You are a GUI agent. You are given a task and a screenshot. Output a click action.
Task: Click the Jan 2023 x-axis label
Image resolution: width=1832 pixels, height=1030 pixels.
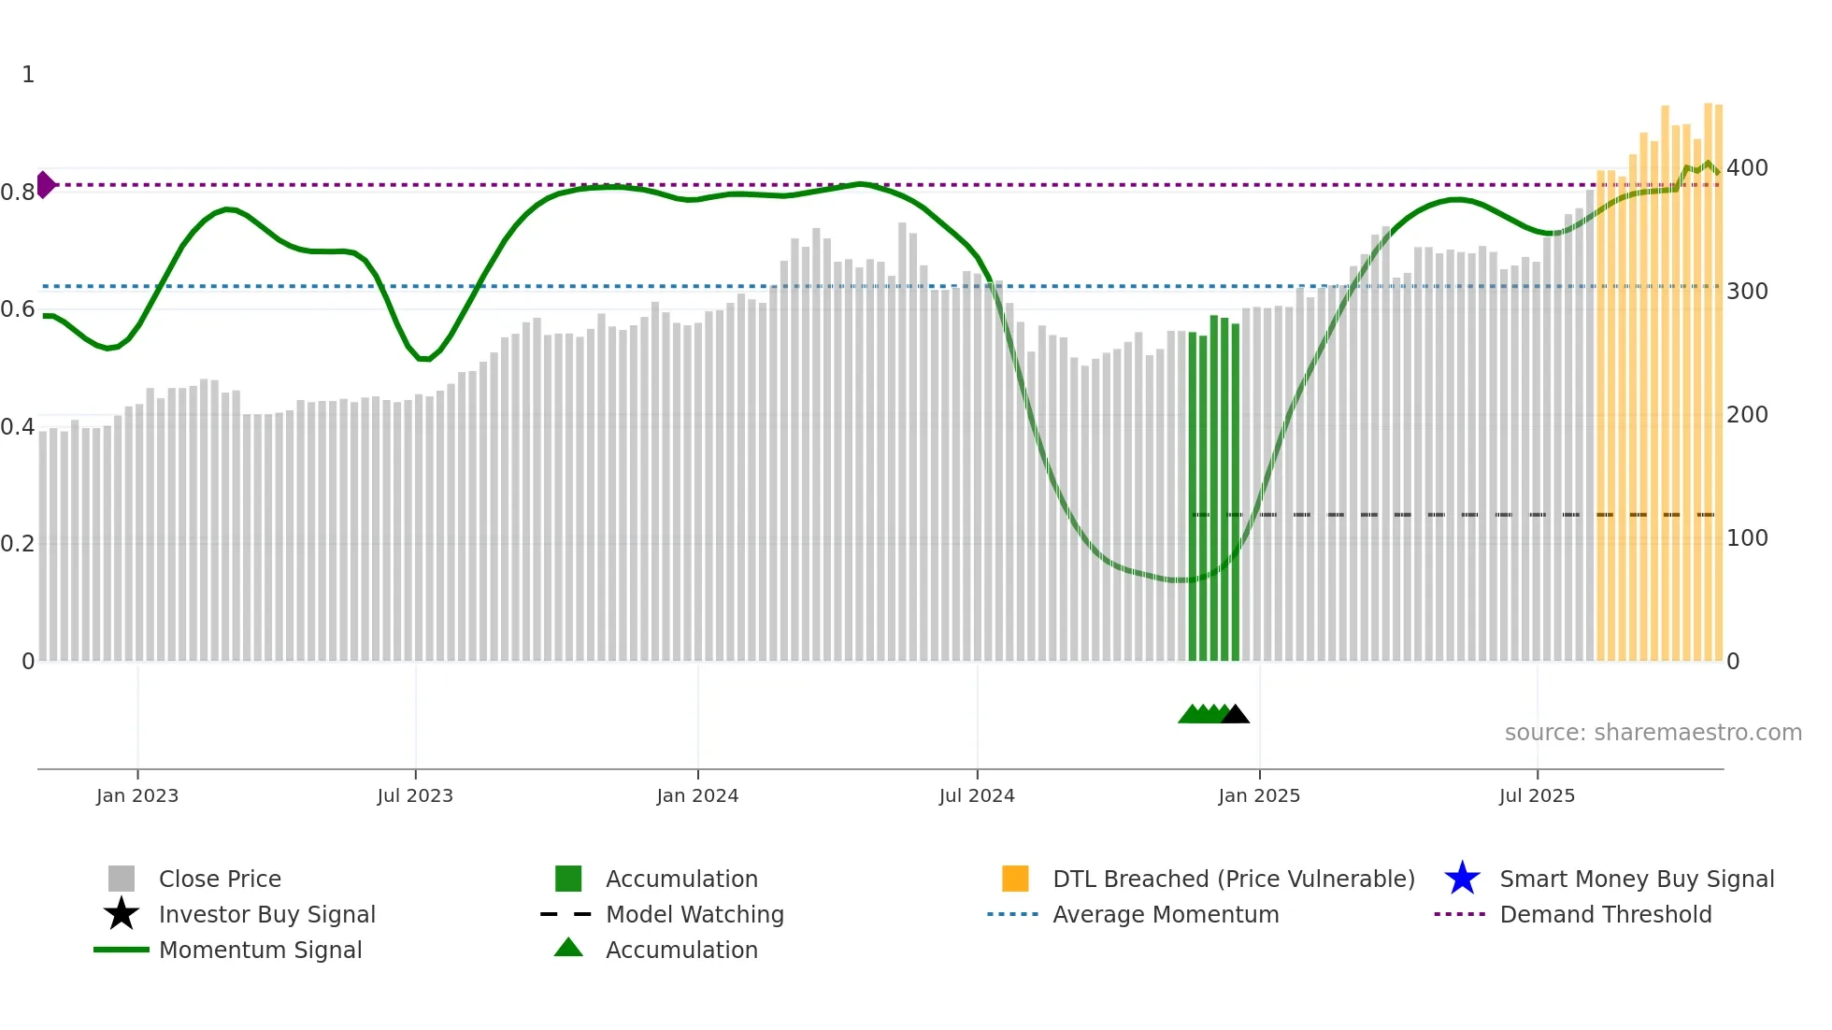(x=137, y=795)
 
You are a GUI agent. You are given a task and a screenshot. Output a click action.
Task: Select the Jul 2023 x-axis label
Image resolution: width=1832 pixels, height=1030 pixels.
(x=415, y=795)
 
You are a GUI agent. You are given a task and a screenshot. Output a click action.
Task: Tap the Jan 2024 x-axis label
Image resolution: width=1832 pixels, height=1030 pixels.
(x=697, y=795)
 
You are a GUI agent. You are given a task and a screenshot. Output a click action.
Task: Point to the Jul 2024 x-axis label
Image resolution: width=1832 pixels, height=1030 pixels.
(x=977, y=795)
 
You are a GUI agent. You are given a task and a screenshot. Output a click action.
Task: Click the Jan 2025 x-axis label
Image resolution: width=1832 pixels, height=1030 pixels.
(x=1259, y=795)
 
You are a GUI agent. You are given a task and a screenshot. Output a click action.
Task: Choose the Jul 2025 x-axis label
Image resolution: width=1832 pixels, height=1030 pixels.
(x=1537, y=795)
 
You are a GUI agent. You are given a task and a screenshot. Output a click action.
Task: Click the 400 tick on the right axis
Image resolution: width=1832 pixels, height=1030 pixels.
(x=1747, y=168)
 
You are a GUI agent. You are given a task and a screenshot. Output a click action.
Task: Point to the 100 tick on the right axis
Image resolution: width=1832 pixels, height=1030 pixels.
(x=1747, y=538)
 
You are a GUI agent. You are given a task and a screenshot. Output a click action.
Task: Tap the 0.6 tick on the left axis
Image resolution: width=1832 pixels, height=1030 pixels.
(x=18, y=309)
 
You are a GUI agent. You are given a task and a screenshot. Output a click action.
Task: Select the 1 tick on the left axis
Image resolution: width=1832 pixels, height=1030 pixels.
(x=28, y=75)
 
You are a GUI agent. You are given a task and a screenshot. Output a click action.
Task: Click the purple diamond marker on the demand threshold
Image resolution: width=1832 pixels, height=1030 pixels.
(x=45, y=185)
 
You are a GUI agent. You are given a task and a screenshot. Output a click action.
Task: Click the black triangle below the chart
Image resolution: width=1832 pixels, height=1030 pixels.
(x=1236, y=715)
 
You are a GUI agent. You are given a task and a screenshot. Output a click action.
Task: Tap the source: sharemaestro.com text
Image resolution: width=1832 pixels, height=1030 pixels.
(x=1653, y=733)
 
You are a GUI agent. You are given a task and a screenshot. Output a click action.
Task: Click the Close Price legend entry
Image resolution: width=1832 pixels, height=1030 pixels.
(x=220, y=879)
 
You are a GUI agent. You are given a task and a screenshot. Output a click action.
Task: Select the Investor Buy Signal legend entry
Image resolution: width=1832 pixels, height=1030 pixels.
(x=266, y=914)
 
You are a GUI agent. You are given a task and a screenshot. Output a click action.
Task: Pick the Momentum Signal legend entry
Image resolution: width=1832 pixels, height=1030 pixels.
(x=260, y=950)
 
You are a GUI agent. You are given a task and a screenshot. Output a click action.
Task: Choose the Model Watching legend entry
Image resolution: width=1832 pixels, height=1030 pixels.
(x=694, y=914)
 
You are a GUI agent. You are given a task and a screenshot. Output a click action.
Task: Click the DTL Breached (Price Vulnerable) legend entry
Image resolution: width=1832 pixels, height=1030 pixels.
(x=1233, y=879)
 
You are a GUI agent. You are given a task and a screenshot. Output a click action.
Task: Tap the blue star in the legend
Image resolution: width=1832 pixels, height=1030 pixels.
(x=1462, y=879)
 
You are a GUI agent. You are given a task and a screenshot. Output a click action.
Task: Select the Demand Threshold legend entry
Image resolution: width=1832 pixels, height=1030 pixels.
(x=1605, y=914)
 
